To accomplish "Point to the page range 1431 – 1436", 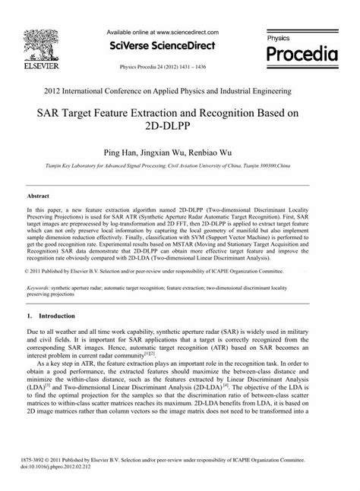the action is (210, 67).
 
